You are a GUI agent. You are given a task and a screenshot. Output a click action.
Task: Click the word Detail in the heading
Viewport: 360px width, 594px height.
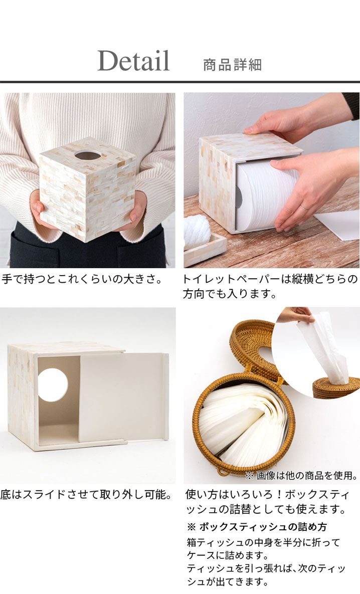(133, 61)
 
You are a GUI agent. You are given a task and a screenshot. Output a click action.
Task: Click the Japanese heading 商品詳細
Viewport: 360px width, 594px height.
(232, 65)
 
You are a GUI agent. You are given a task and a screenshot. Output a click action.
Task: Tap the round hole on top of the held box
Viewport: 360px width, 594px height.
(88, 154)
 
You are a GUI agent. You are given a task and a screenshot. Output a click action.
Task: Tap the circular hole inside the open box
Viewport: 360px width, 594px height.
(53, 384)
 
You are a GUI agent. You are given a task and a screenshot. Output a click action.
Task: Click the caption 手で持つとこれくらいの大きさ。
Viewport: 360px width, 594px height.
(83, 279)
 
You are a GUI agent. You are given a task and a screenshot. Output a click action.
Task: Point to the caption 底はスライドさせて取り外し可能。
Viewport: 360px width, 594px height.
(86, 494)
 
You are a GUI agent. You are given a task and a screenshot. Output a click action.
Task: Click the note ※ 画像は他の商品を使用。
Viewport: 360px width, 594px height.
(302, 475)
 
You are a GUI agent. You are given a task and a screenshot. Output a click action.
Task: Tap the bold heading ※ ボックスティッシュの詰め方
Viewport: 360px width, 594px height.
(257, 526)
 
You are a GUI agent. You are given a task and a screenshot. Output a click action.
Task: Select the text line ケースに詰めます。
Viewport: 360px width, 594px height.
(227, 555)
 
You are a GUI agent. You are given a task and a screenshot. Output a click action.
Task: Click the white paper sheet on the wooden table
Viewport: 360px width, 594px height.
(337, 226)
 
